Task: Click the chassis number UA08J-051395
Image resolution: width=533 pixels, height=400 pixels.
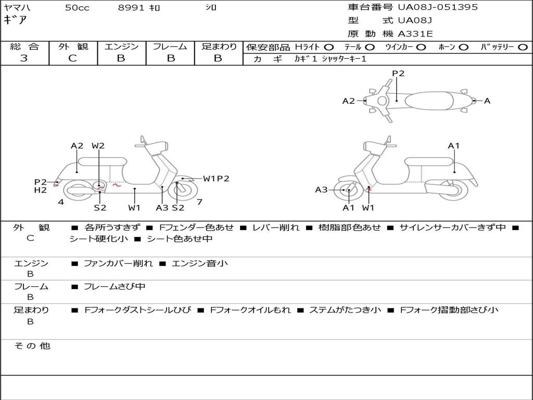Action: [437, 7]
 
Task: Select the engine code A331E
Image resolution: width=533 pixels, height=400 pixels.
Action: [415, 34]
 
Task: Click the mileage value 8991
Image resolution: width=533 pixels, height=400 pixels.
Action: [131, 8]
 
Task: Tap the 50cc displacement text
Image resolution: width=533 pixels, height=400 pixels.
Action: [77, 8]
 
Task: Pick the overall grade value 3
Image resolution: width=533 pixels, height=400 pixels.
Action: [24, 58]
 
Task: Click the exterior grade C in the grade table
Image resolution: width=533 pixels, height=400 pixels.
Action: [73, 58]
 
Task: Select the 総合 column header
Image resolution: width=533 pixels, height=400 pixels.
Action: [24, 46]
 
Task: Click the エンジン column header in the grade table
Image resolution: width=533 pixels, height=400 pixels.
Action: [121, 46]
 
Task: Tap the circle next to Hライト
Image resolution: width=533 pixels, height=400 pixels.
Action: [329, 47]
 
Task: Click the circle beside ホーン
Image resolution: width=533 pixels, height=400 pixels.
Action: [464, 47]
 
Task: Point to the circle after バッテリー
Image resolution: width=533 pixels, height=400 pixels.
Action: [523, 47]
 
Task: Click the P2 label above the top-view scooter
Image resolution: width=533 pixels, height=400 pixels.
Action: [398, 73]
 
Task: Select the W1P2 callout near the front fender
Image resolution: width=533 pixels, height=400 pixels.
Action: [216, 179]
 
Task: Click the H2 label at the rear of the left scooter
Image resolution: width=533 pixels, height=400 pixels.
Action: [41, 190]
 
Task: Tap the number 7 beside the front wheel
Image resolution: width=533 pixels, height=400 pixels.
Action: [199, 202]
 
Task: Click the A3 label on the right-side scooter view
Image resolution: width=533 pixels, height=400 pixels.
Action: [321, 190]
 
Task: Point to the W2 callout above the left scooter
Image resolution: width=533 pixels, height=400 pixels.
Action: [98, 146]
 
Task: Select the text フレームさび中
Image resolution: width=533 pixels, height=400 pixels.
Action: [115, 286]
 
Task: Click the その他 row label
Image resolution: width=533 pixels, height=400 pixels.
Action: [32, 346]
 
